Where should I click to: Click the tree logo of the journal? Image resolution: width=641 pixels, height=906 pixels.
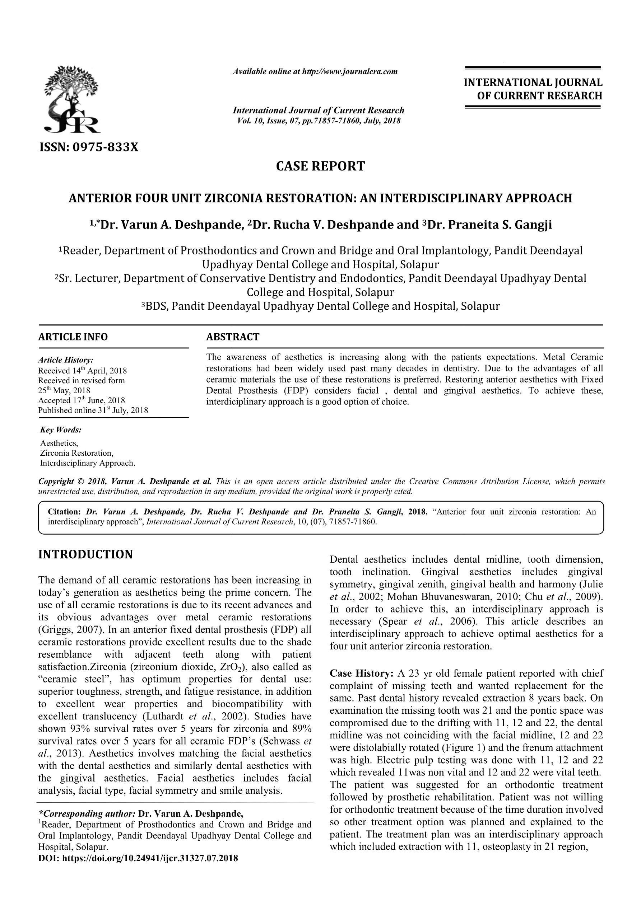(72, 99)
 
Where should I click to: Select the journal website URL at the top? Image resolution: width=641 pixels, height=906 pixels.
(315, 72)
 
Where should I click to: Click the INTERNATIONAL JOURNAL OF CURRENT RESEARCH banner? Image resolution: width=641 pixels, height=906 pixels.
(533, 89)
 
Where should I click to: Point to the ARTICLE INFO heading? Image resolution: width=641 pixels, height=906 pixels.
(73, 337)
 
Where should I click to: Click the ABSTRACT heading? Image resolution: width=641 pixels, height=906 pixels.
(233, 337)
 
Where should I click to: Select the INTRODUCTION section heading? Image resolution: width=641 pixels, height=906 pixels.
(85, 554)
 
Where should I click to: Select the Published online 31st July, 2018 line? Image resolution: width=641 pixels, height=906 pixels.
(93, 410)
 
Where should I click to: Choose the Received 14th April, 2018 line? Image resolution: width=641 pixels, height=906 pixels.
(82, 371)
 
